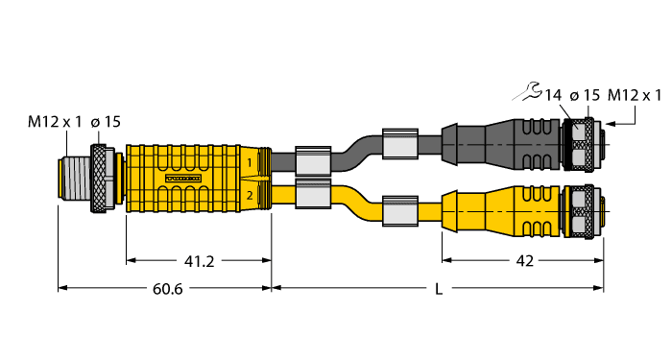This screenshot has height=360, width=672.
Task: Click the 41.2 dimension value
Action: [200, 259]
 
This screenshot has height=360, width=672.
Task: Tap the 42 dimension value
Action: [522, 259]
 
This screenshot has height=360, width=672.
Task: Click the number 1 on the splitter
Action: [251, 163]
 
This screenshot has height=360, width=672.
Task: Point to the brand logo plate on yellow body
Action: [184, 179]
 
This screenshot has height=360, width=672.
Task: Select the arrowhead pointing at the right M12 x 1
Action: [610, 123]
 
